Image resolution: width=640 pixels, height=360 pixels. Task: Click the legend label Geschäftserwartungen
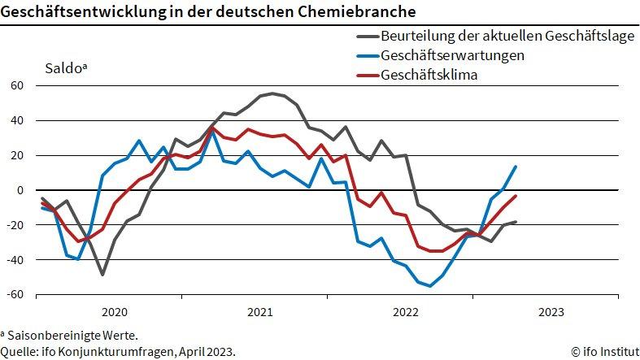click(x=452, y=56)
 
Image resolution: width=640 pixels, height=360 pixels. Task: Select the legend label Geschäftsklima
click(x=429, y=76)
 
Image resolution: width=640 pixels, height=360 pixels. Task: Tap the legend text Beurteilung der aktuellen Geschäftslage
click(x=507, y=37)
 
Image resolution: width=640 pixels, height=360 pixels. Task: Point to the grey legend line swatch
click(x=367, y=37)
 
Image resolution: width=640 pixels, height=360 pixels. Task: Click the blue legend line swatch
click(x=367, y=56)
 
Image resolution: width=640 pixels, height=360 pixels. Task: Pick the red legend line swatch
click(x=367, y=76)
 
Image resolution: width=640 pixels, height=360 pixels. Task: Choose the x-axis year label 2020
click(x=114, y=312)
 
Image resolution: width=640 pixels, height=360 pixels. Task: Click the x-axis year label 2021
click(x=259, y=312)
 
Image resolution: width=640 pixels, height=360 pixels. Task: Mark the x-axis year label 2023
click(x=551, y=312)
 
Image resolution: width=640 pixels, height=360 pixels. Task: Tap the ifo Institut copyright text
click(x=604, y=351)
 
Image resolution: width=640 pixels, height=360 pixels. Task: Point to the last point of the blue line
click(x=516, y=167)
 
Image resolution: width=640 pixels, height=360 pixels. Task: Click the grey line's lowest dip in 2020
click(x=102, y=275)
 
